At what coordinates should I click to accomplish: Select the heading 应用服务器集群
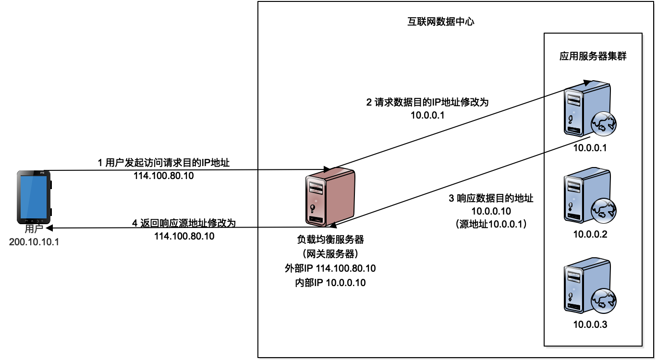(x=593, y=56)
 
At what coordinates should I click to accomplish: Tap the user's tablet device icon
(x=34, y=197)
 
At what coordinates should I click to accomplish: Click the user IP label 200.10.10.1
(x=34, y=241)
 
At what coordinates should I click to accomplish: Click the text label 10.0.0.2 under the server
(x=590, y=235)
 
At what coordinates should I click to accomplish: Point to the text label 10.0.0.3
(x=590, y=325)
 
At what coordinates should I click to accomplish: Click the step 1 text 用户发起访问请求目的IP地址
(x=164, y=163)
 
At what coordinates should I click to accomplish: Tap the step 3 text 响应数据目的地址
(x=491, y=198)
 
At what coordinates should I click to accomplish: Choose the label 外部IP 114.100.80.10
(x=330, y=268)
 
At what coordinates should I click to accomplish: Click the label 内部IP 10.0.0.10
(x=330, y=283)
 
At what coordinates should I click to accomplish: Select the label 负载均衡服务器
(x=330, y=239)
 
